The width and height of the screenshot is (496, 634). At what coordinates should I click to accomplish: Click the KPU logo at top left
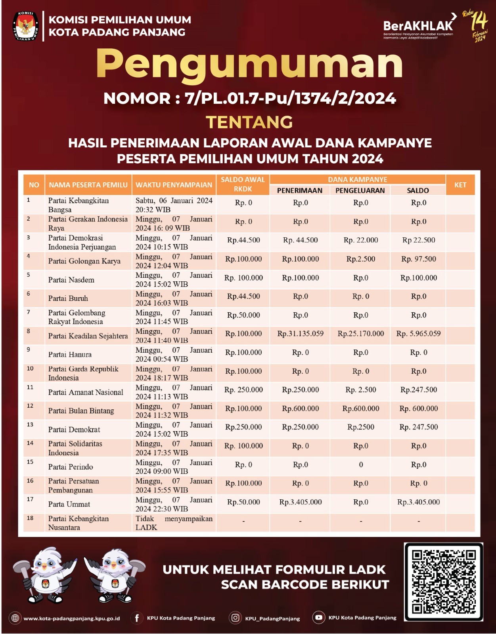26,27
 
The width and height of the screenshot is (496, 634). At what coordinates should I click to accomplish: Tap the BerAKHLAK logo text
418,26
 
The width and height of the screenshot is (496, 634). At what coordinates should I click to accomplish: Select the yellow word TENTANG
249,122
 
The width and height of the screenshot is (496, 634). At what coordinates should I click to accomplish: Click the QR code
443,581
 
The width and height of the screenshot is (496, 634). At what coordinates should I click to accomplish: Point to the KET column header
460,185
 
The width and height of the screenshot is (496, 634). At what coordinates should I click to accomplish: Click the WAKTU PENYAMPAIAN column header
174,185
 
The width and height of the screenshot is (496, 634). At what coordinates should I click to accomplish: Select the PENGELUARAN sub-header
360,191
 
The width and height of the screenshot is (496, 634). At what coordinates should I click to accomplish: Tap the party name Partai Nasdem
71,280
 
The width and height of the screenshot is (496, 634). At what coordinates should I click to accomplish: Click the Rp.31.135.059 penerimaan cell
300,334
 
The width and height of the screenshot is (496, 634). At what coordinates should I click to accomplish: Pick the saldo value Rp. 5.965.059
418,334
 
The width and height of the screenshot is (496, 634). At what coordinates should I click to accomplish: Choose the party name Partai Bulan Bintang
81,411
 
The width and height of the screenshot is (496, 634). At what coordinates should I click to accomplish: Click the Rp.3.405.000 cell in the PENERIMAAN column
300,502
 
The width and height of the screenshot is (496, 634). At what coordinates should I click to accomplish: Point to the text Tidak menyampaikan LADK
174,523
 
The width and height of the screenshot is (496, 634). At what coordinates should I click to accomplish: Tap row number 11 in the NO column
30,387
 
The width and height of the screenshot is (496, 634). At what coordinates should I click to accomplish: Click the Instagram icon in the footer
235,618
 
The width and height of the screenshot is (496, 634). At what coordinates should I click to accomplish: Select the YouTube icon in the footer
318,617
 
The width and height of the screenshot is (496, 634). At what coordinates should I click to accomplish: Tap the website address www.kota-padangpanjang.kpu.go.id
71,618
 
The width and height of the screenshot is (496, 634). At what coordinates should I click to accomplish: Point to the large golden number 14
479,22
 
